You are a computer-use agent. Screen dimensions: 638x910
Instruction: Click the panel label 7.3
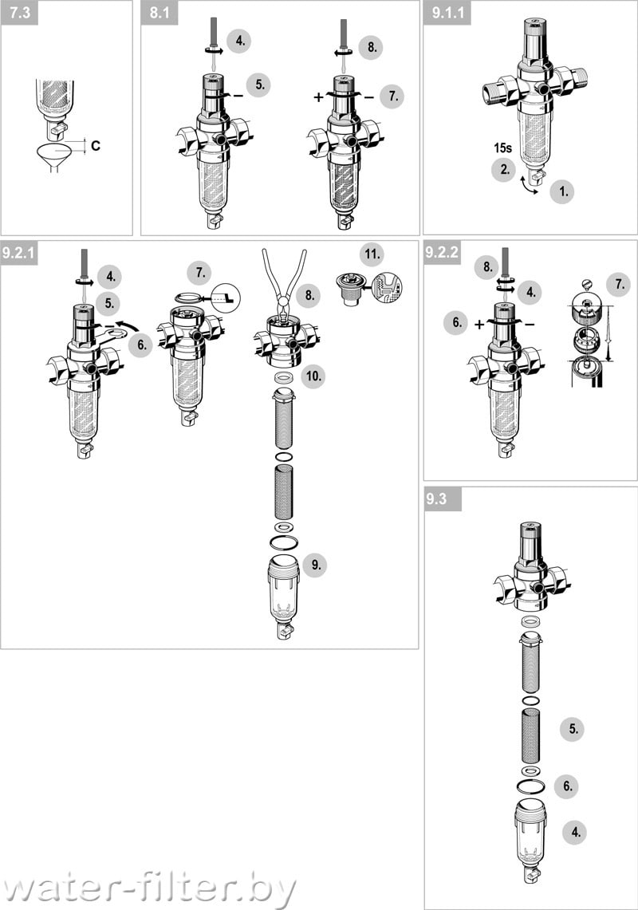tap(19, 13)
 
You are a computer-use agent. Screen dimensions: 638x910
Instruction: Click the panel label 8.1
tap(159, 13)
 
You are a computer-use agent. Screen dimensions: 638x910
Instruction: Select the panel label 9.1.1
tap(447, 13)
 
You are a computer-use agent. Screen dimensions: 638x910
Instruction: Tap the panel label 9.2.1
tap(19, 253)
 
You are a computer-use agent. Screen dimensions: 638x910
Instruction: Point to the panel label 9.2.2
tap(442, 253)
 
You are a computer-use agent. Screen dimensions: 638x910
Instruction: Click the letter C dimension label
tap(96, 145)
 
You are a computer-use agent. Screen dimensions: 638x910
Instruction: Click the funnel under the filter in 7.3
tap(55, 158)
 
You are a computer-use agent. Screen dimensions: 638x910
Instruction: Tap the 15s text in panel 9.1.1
tap(502, 148)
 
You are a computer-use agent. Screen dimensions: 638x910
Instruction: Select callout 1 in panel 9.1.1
tap(562, 191)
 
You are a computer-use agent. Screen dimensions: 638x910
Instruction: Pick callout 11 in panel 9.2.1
tap(372, 254)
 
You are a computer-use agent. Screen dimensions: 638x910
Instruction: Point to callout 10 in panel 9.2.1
tap(313, 376)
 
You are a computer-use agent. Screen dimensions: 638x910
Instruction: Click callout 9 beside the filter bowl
tap(315, 565)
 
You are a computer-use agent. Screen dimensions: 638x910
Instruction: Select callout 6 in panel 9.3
tap(567, 786)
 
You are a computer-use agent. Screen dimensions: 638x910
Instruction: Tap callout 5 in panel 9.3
tap(573, 729)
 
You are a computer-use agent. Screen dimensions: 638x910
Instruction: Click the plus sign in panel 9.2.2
tap(479, 325)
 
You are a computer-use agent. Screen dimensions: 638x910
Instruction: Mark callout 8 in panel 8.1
tap(372, 47)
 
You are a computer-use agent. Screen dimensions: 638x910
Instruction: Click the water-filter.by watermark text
tap(148, 888)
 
